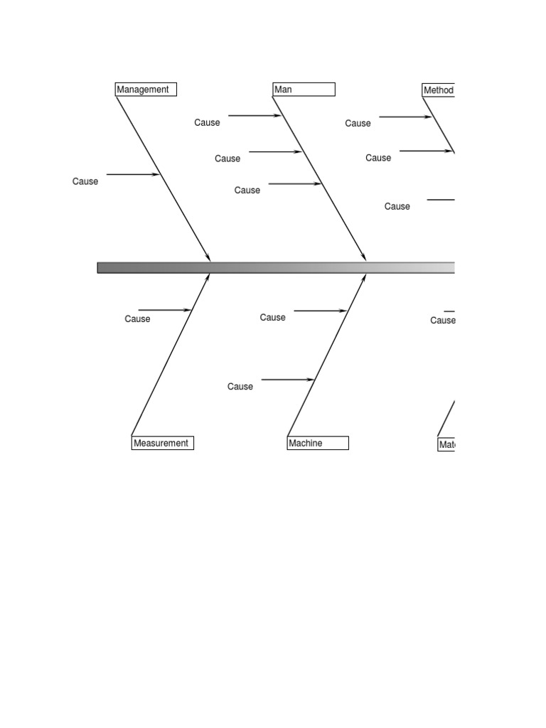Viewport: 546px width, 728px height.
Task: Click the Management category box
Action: pos(146,90)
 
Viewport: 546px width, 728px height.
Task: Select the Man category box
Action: pos(304,90)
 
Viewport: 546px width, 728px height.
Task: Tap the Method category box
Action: pos(438,90)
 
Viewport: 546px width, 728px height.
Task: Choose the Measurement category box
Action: pos(162,443)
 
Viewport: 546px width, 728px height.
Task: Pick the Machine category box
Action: pos(318,443)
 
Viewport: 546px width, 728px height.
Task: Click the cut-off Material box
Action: pos(446,444)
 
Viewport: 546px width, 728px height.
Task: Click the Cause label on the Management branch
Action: pos(85,181)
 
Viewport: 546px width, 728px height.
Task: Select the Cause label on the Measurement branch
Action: pos(137,318)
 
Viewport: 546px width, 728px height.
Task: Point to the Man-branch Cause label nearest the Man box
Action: pos(207,122)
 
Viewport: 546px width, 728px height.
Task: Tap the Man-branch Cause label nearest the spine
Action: pos(247,190)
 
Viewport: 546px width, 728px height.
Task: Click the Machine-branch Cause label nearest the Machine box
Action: pos(240,386)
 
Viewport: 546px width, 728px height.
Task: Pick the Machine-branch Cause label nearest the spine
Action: pos(272,317)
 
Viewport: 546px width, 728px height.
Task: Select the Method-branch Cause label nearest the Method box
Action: pos(358,123)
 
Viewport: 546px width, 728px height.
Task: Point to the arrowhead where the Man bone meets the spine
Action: pos(364,257)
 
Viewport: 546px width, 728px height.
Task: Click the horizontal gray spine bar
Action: pos(276,268)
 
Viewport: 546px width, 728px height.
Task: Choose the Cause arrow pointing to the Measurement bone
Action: pos(164,310)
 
